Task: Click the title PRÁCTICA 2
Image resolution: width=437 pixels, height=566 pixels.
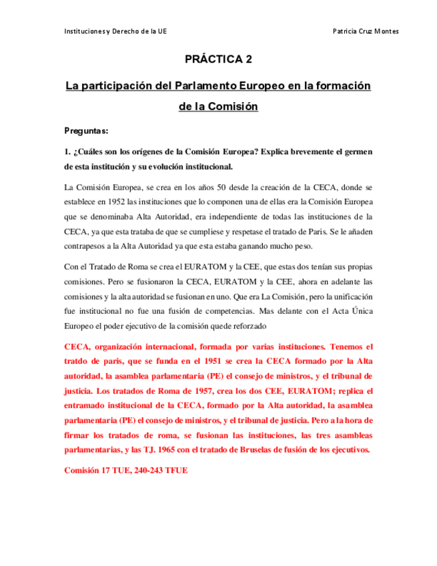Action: point(218,59)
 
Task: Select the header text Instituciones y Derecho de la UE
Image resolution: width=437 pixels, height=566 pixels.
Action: point(115,31)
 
